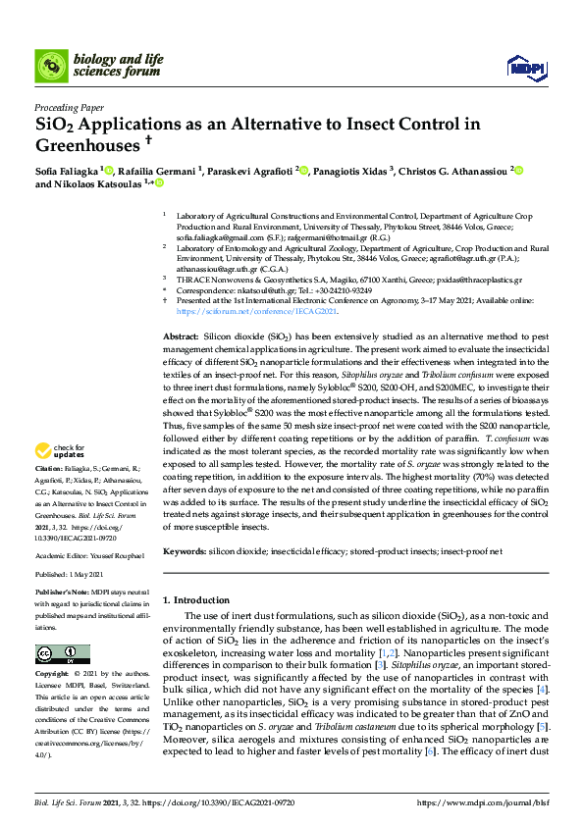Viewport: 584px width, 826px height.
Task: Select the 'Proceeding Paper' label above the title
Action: (x=69, y=108)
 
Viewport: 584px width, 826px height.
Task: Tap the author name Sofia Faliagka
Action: (x=70, y=171)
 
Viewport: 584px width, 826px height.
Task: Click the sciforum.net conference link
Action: (x=242, y=311)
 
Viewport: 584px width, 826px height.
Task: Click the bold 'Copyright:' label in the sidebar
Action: (x=52, y=676)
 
